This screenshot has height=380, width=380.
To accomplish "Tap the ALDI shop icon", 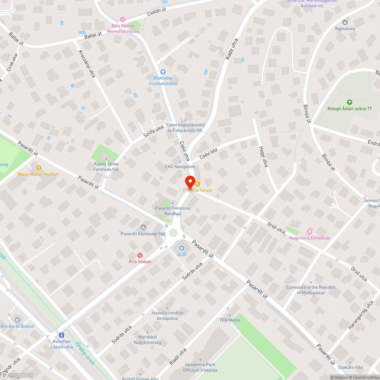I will coord(181,248).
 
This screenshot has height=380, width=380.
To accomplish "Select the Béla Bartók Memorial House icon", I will coord(122,19).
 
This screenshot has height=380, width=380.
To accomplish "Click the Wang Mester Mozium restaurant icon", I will coord(38,168).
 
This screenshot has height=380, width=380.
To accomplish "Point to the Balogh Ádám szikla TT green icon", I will coord(350,102).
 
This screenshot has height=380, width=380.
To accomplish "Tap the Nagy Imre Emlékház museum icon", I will coord(309,231).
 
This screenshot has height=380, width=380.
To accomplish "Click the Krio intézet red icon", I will coord(140,255).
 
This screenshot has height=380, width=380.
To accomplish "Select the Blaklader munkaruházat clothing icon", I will coord(163,71).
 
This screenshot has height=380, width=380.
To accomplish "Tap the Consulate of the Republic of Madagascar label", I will coord(311,290).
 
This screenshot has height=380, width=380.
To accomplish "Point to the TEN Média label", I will coord(230,320).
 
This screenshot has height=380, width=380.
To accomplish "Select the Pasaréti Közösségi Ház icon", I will coord(143,227).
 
